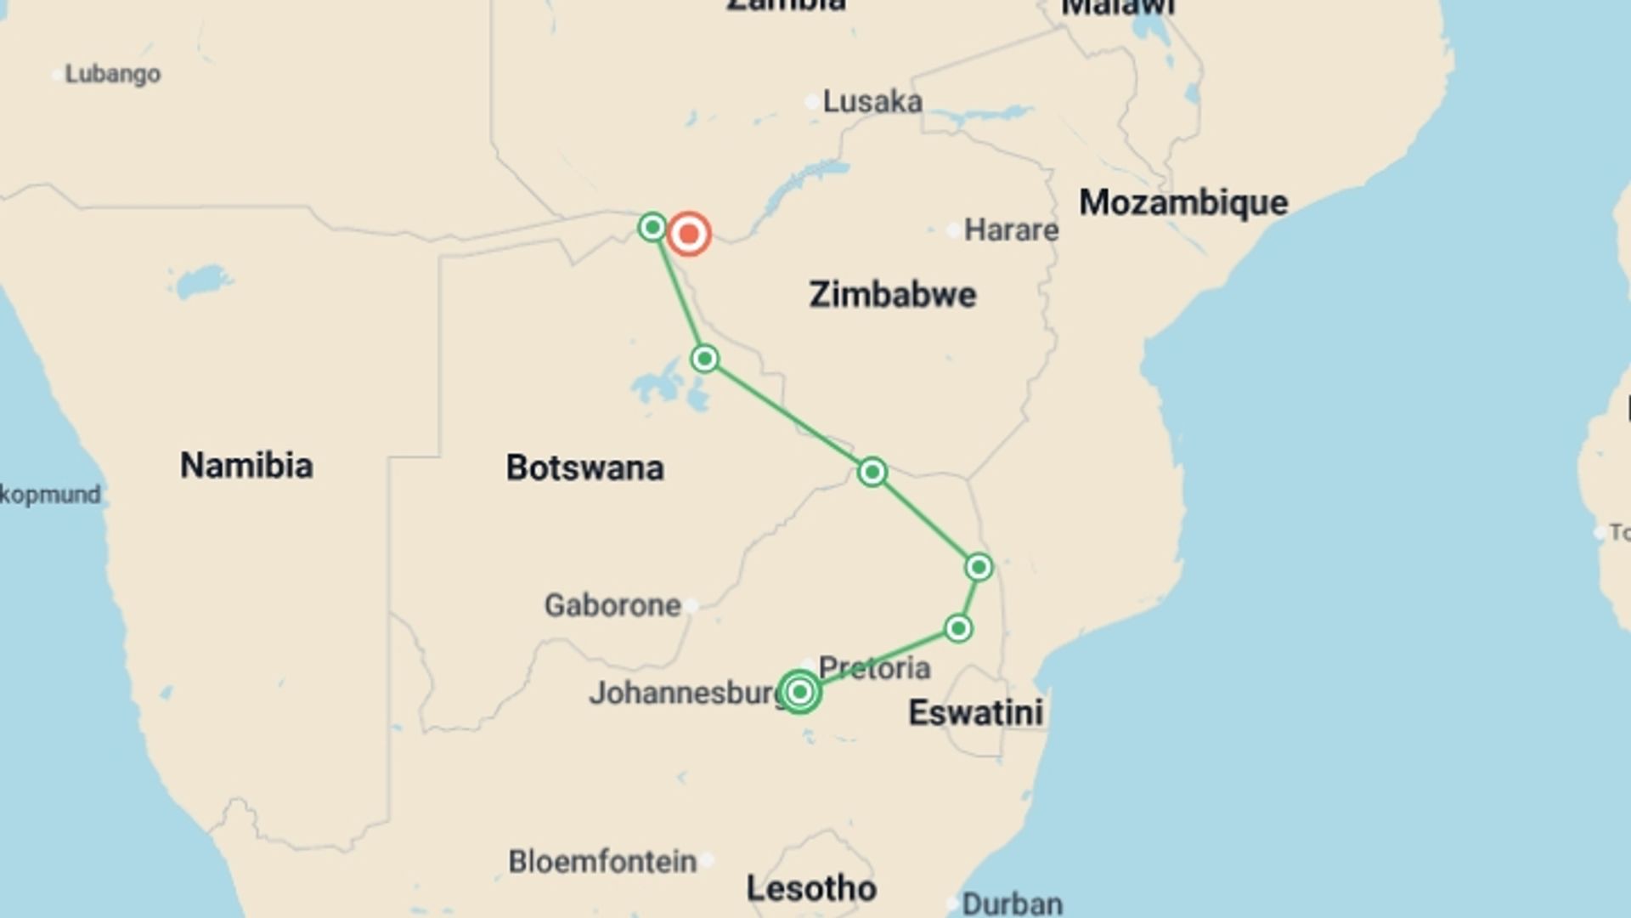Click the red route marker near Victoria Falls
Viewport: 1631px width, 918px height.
click(x=688, y=234)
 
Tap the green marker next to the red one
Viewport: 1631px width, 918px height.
click(x=652, y=227)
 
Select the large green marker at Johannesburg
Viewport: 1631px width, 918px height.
click(x=799, y=692)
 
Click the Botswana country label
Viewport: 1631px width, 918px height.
click(x=584, y=467)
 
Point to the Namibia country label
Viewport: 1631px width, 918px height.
click(x=246, y=466)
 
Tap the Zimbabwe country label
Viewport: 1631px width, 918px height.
click(x=892, y=295)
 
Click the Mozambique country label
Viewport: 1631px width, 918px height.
click(x=1182, y=203)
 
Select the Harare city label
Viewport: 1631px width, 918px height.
click(x=1011, y=229)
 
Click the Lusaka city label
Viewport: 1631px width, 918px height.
click(x=872, y=102)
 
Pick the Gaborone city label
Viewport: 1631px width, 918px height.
click(x=612, y=605)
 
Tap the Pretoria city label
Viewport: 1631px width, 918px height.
click(x=874, y=668)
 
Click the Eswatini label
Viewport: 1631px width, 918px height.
click(x=975, y=712)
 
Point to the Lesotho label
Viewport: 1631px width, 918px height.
click(x=811, y=889)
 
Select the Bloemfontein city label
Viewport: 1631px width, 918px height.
click(x=602, y=861)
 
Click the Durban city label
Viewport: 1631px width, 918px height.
click(x=1012, y=903)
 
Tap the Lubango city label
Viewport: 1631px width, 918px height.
click(x=112, y=74)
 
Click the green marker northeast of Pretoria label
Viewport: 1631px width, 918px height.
click(x=958, y=629)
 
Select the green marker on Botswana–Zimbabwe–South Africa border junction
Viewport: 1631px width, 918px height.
click(x=872, y=472)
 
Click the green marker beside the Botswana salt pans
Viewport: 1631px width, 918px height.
click(x=704, y=359)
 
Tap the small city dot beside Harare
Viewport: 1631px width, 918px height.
click(x=953, y=229)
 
